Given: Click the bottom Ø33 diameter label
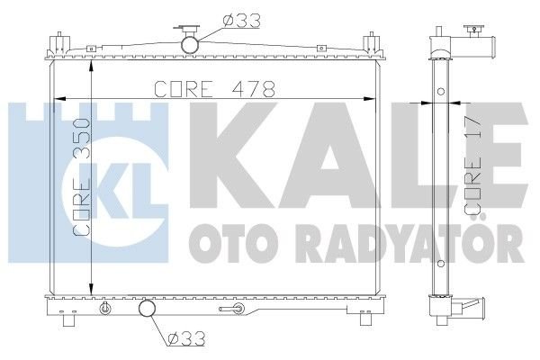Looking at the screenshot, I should (x=184, y=340).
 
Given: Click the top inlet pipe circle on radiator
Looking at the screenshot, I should (x=190, y=43).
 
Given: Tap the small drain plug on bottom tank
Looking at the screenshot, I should (x=106, y=310).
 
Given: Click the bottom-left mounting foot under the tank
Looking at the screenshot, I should (x=68, y=321).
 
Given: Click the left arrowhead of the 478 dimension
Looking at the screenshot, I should (x=63, y=99).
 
